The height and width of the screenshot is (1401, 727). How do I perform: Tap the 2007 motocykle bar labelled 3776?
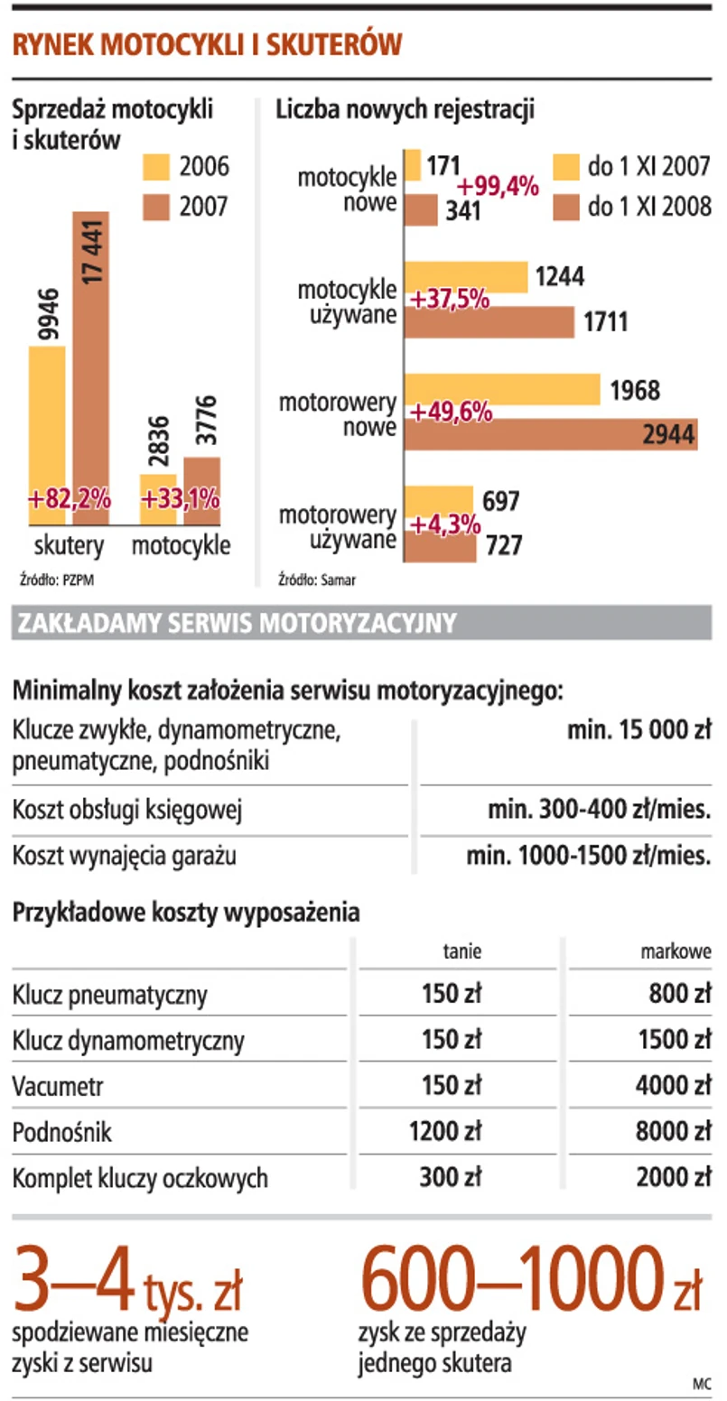[x=201, y=491]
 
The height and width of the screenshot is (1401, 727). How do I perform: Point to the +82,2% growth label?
[x=69, y=498]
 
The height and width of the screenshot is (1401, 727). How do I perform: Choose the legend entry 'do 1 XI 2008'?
[x=632, y=208]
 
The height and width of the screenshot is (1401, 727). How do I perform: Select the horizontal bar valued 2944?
[x=550, y=434]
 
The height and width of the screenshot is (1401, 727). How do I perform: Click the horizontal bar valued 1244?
[x=465, y=277]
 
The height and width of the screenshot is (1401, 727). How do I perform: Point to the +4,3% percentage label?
[x=445, y=523]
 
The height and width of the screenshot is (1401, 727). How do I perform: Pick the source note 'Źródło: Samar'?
[x=316, y=580]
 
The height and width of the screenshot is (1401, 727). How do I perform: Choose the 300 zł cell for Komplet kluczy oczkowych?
[x=451, y=1177]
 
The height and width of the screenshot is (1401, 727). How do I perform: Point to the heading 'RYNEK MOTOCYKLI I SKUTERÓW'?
[x=206, y=46]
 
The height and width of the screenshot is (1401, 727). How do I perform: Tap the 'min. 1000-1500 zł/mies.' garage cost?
[x=589, y=855]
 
